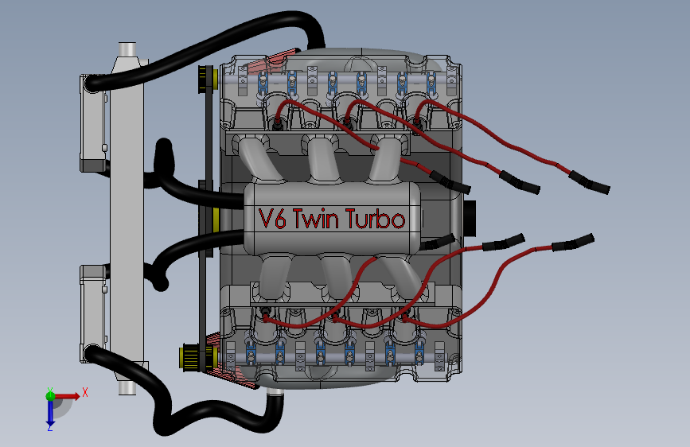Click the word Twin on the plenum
[x=315, y=219]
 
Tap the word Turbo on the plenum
[x=375, y=219]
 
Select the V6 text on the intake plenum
[x=272, y=219]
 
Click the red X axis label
[x=85, y=392]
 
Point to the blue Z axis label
[x=50, y=427]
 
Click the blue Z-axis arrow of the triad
[x=50, y=412]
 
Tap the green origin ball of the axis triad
[x=51, y=396]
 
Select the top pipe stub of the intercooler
[x=127, y=49]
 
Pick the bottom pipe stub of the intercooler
[x=127, y=387]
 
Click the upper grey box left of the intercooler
[x=93, y=123]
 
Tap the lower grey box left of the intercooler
[x=93, y=313]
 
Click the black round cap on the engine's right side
[x=470, y=218]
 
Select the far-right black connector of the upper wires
[x=589, y=182]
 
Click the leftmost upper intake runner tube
[x=259, y=159]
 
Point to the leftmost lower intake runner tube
[x=274, y=276]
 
